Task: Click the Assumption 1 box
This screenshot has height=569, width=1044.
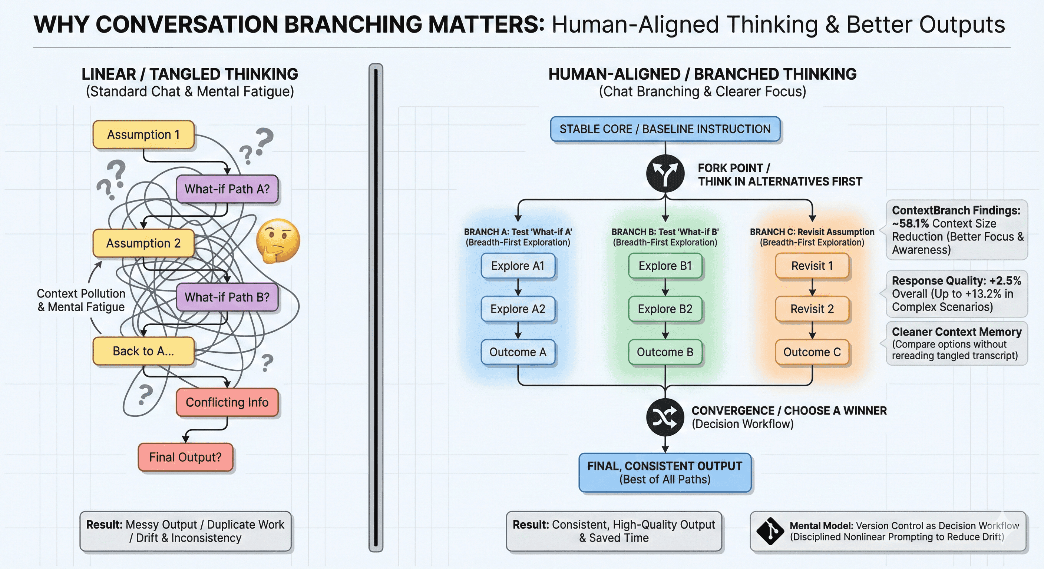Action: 143,134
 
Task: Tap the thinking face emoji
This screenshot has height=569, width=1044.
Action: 278,240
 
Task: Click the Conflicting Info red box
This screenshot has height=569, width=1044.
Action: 227,402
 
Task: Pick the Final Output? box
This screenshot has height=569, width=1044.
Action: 185,457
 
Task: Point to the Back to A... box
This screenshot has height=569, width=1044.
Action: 143,351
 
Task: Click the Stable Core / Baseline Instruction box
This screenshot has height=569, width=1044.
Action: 665,129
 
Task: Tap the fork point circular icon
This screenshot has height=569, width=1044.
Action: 665,173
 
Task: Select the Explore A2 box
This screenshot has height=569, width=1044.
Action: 518,309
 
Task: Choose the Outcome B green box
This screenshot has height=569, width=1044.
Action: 665,352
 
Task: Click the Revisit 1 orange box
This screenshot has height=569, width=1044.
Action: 812,266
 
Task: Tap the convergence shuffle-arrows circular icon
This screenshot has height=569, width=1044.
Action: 665,417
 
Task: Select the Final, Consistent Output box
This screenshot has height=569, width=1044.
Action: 665,473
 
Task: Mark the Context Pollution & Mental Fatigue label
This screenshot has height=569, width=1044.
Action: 81,300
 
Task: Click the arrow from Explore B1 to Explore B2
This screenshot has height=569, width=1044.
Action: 665,287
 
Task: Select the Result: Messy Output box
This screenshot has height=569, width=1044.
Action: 185,531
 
